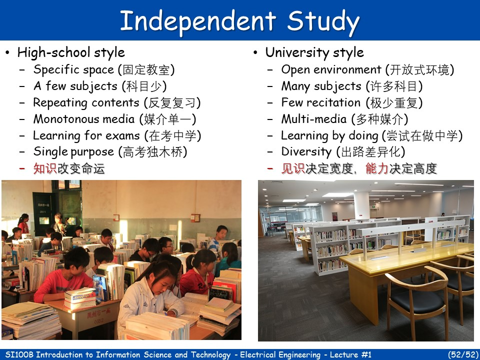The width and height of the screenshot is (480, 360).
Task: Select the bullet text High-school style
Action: point(71,52)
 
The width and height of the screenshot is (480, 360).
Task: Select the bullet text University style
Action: point(314,52)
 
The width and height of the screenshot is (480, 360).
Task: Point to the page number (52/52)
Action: point(462,354)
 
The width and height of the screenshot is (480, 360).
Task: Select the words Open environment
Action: point(331,69)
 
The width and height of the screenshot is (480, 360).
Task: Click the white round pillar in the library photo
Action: point(361,205)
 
